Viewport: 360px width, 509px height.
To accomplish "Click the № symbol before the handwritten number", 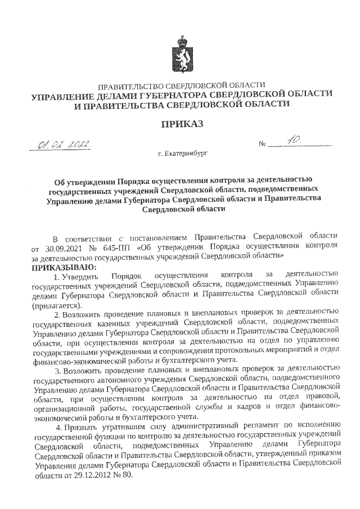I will (x=262, y=146).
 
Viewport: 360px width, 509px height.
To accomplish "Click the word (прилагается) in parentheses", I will (x=56, y=304).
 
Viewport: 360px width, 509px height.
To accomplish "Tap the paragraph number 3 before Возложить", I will (x=56, y=370).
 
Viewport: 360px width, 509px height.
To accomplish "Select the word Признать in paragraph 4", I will (x=80, y=427).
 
